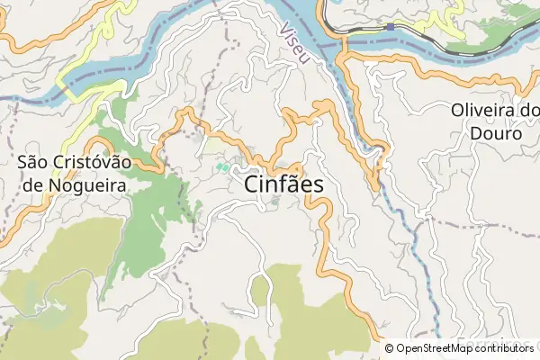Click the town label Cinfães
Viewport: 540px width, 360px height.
point(283,183)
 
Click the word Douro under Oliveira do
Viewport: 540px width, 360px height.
point(494,133)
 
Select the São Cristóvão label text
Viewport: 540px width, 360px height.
point(75,163)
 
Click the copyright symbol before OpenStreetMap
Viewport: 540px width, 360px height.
point(390,348)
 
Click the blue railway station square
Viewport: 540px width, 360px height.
point(390,27)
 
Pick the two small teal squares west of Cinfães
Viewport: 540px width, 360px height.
point(220,166)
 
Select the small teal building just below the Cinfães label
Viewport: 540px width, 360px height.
point(274,202)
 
